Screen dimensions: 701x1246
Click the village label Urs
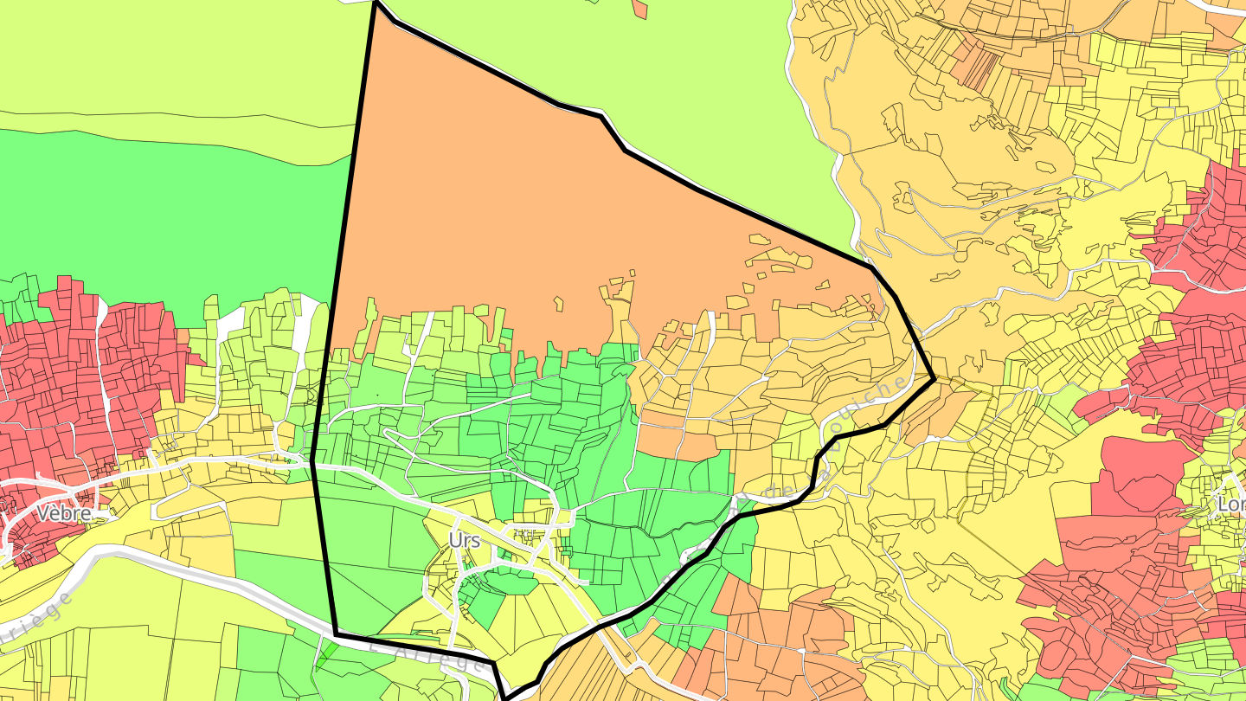click(464, 540)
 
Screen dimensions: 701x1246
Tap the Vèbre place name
click(64, 513)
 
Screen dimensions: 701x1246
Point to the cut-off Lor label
click(1231, 504)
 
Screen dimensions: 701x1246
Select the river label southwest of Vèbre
click(35, 620)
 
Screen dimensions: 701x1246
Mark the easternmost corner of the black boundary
click(934, 378)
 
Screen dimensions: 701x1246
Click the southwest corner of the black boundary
click(336, 634)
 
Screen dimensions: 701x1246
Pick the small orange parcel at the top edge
click(639, 9)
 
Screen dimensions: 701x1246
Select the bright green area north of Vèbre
click(173, 216)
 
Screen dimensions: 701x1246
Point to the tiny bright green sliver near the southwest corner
click(327, 654)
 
